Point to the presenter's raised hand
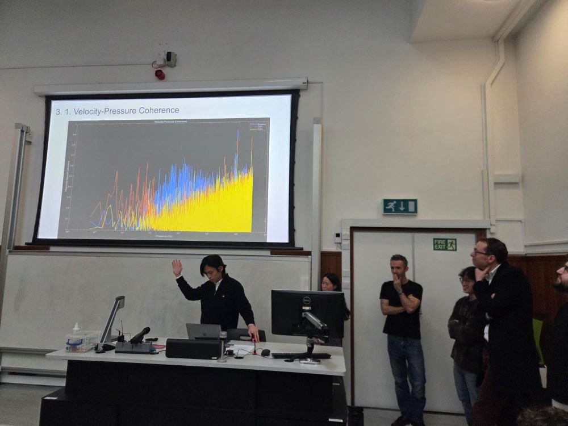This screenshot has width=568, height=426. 177,266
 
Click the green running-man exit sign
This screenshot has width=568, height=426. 400,206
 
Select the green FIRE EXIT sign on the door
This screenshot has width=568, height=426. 444,244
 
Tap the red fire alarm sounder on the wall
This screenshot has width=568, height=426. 160,74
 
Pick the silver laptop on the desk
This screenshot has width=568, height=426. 203,331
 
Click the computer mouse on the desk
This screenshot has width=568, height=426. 265,352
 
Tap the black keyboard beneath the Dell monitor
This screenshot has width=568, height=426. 300,356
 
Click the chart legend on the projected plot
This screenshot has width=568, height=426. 257,126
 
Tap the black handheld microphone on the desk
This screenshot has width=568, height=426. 140,335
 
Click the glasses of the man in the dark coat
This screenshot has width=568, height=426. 481,252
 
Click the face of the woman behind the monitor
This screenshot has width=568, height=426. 329,282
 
